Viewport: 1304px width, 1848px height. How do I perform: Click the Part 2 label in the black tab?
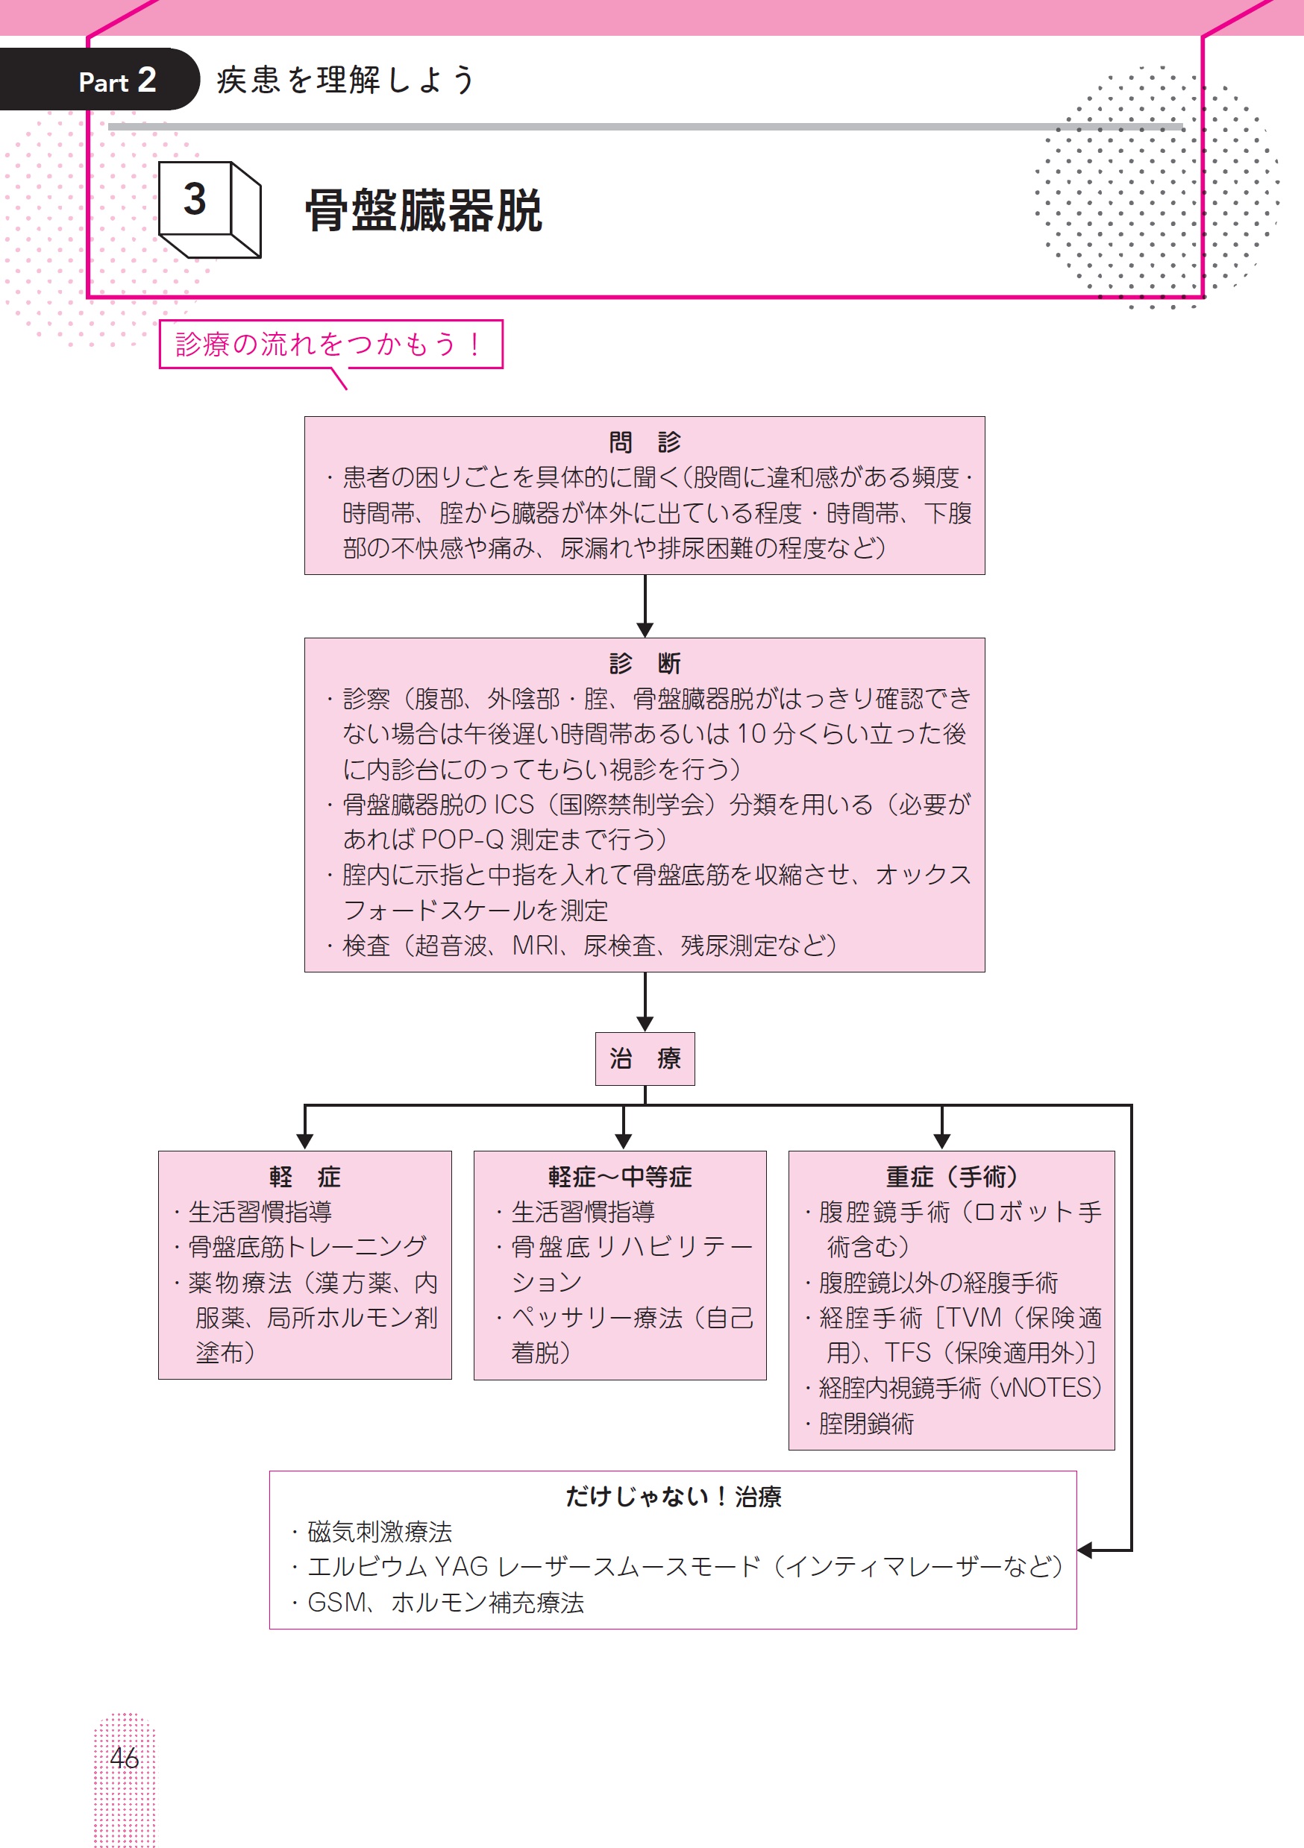(116, 81)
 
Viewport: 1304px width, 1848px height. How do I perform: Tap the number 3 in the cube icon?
(195, 200)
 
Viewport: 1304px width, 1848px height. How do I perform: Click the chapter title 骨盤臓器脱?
(424, 212)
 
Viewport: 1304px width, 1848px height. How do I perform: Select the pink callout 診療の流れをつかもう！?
(330, 345)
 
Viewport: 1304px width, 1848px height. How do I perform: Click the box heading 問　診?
(644, 442)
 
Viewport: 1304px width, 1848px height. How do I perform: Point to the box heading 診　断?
(644, 663)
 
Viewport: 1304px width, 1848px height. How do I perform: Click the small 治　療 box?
(645, 1058)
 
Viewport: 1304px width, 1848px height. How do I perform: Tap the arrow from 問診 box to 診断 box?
(645, 607)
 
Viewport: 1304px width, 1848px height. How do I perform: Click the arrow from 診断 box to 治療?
(645, 1003)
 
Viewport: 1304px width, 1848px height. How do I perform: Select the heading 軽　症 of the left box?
(304, 1177)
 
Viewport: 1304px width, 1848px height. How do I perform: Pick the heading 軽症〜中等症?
(620, 1177)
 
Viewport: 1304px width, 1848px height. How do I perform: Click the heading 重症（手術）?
(951, 1177)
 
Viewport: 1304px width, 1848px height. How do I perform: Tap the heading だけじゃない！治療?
(673, 1496)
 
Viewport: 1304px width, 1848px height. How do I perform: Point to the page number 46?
(124, 1758)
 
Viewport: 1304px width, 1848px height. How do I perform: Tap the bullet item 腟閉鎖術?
(866, 1424)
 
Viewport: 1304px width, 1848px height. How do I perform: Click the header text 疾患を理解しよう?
(346, 81)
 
